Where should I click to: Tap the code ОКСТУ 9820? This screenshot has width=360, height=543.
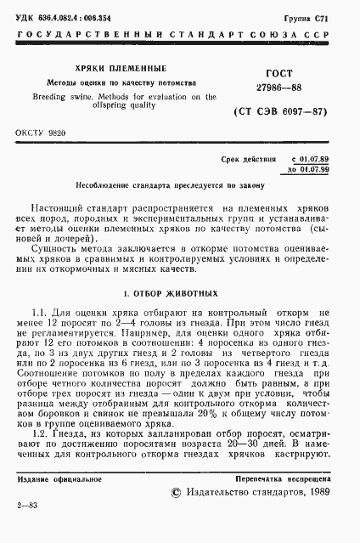[41, 134]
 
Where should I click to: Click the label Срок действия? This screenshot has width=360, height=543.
[248, 160]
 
